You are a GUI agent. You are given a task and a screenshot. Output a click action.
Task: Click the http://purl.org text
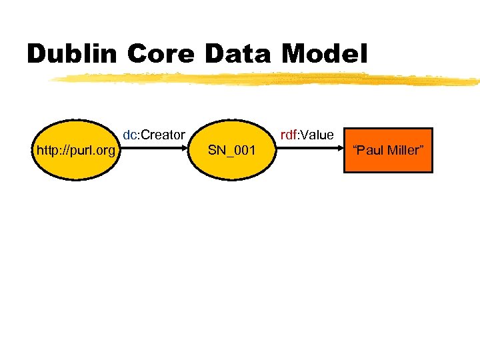(76, 151)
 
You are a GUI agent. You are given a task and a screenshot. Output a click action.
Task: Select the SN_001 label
(231, 151)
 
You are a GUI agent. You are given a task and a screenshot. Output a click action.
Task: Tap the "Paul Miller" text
(388, 151)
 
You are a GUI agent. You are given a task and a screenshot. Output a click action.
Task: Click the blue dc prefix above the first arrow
(129, 135)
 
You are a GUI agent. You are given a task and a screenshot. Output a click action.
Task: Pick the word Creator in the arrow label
(162, 135)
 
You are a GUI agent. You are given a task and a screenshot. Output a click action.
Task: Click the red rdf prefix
(288, 135)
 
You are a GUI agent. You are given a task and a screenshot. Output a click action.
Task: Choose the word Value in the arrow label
(317, 135)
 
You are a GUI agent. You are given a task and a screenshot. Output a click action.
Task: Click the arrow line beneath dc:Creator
(157, 150)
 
